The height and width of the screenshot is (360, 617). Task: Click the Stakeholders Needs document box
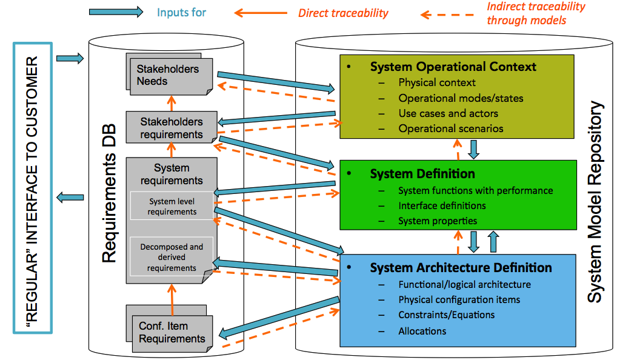tap(168, 75)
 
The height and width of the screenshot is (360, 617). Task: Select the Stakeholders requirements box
tap(172, 127)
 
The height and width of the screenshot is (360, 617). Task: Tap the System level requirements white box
tap(172, 206)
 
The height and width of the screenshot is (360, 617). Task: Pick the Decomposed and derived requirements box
tap(172, 258)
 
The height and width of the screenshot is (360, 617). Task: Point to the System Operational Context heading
tap(453, 67)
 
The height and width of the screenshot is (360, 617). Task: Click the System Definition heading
tap(422, 174)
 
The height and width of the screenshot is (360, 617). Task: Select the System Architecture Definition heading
tap(461, 267)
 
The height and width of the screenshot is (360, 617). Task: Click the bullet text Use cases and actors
tap(448, 113)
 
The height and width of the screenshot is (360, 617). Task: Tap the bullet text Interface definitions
tap(442, 205)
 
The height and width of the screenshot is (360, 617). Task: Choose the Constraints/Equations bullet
tap(446, 315)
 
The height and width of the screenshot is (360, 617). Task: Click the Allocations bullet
tap(422, 331)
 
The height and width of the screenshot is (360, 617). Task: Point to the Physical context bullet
tap(436, 82)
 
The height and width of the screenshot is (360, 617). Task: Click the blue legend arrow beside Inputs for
tap(116, 12)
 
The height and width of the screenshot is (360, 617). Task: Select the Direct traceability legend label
tap(343, 13)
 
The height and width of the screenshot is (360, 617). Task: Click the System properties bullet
tap(437, 221)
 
